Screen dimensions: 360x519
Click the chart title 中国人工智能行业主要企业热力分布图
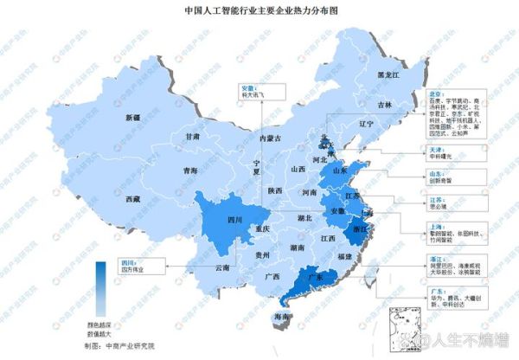[x=259, y=11]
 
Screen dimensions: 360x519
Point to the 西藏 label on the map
[x=131, y=199]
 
